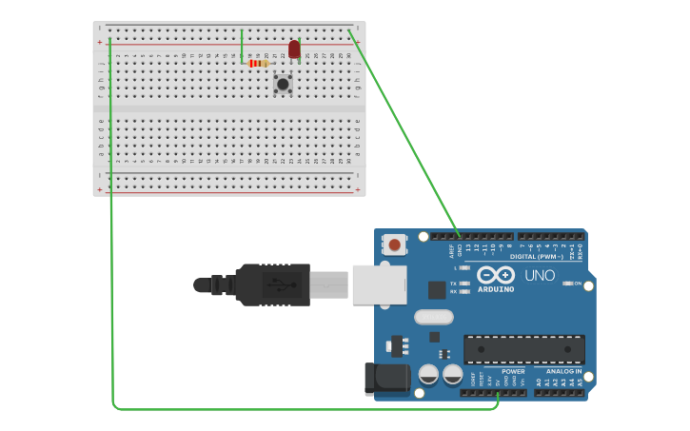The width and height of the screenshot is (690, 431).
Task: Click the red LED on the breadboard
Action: tap(294, 49)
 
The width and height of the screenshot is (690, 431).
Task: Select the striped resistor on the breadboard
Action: tap(257, 64)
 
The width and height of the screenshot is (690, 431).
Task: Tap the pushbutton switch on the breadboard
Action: tap(283, 84)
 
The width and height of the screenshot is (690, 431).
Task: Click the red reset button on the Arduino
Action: tap(395, 245)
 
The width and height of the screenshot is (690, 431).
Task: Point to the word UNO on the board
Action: tap(540, 275)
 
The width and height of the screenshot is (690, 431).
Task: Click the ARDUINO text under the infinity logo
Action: tap(496, 288)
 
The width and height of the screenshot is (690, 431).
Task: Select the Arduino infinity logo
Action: tap(496, 275)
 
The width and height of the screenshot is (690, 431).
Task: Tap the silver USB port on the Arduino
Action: tap(379, 284)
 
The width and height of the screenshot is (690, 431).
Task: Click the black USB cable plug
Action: tap(272, 284)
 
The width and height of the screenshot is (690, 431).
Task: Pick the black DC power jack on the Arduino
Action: tap(385, 378)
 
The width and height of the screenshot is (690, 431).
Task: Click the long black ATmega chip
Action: tap(523, 349)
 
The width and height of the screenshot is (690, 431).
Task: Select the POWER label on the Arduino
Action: tap(513, 372)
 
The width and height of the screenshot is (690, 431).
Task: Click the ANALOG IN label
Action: tap(563, 372)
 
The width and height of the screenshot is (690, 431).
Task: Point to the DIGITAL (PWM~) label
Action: tap(537, 256)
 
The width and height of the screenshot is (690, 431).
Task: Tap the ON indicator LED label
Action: tap(577, 283)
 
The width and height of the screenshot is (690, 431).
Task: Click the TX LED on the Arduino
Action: tap(463, 284)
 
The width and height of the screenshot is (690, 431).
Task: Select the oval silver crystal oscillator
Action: tap(433, 317)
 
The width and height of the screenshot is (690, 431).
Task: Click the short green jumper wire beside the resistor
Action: tap(242, 46)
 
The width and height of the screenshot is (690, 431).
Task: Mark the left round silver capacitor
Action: tap(428, 374)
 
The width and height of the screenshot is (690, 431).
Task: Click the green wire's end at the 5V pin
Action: tap(498, 393)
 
